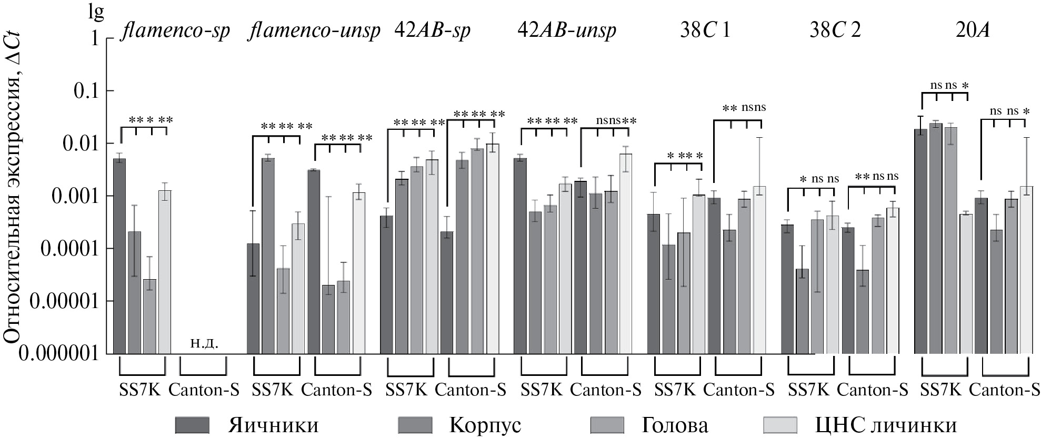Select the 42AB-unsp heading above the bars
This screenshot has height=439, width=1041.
[567, 30]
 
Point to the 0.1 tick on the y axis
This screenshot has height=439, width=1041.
[87, 91]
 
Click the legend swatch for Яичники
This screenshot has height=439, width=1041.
[192, 424]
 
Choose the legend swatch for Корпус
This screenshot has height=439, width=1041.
[415, 424]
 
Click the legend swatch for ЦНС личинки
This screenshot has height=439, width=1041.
[780, 424]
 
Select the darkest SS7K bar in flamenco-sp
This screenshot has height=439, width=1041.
[119, 256]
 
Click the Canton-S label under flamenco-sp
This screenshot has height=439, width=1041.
[204, 390]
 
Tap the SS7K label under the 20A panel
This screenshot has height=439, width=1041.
[941, 390]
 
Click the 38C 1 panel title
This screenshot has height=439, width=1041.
[705, 30]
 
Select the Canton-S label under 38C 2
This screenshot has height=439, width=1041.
[872, 390]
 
